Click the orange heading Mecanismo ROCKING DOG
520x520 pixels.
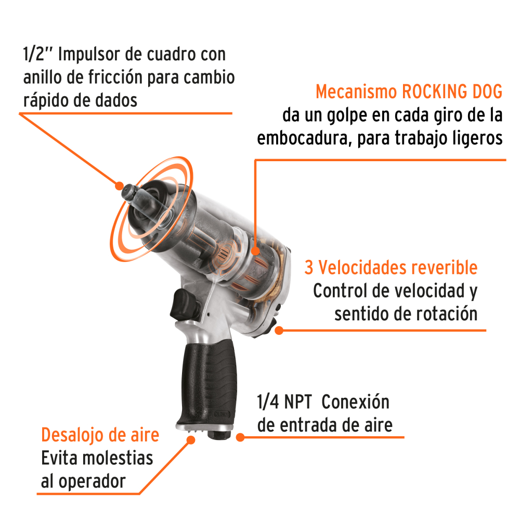tap(409, 92)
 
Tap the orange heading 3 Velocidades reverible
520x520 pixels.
tap(391, 268)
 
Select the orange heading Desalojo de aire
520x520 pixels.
tap(100, 435)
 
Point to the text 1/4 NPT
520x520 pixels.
tap(284, 402)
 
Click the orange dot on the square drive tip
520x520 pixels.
tap(120, 185)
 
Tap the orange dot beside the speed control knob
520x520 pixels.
tap(279, 330)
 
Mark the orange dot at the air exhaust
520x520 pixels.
tap(190, 440)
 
